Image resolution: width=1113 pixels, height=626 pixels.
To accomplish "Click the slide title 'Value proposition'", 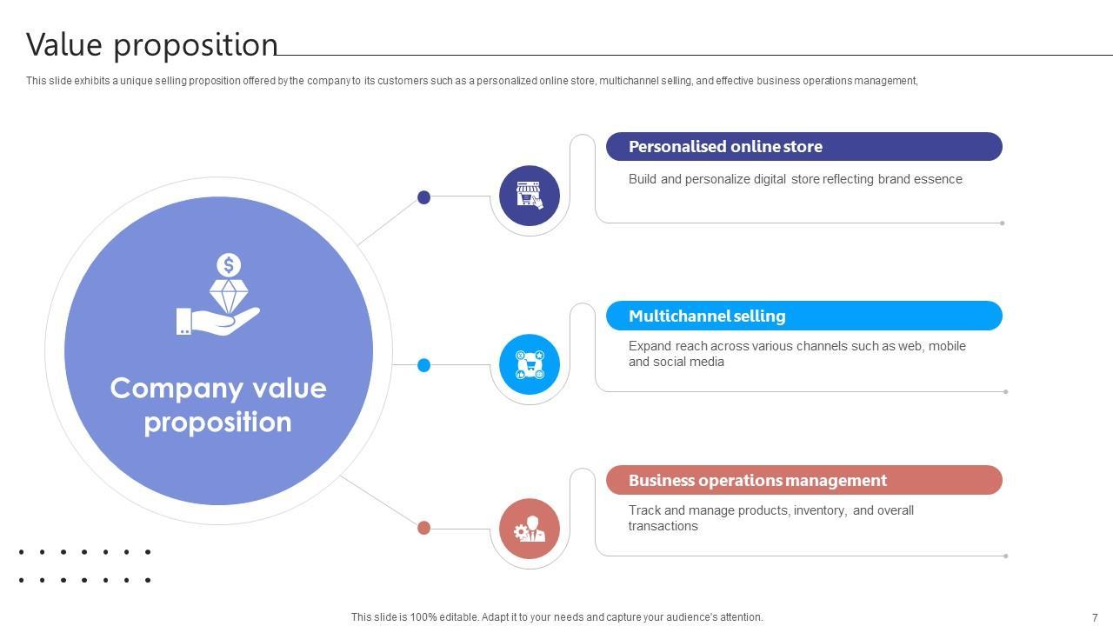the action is (152, 45).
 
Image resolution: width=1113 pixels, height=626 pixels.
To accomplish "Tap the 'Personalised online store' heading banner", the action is (803, 147).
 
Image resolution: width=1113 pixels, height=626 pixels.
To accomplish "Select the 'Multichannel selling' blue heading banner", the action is (803, 316).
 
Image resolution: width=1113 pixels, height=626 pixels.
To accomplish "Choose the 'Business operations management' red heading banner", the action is (803, 480).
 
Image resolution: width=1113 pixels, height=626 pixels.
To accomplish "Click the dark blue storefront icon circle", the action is (530, 196).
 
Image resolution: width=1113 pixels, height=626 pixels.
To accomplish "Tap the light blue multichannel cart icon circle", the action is (530, 364).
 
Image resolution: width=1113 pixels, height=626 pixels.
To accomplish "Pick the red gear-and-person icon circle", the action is (530, 529).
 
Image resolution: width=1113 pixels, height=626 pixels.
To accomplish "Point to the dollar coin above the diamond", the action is (229, 264).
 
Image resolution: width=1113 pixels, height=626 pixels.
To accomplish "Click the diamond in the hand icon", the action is (229, 296).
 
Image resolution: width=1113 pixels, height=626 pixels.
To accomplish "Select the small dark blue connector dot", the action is (424, 197).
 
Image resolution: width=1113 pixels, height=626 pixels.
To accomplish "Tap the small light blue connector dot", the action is (424, 365).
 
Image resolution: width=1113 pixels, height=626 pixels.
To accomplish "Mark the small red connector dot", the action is (424, 528).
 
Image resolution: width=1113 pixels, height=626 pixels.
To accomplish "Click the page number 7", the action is (1095, 617).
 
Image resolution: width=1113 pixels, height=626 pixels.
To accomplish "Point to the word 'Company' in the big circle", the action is (170, 388).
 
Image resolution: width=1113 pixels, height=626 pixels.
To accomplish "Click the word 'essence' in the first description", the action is (938, 179).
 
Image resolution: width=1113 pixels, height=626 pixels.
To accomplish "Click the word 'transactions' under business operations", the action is (663, 526).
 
